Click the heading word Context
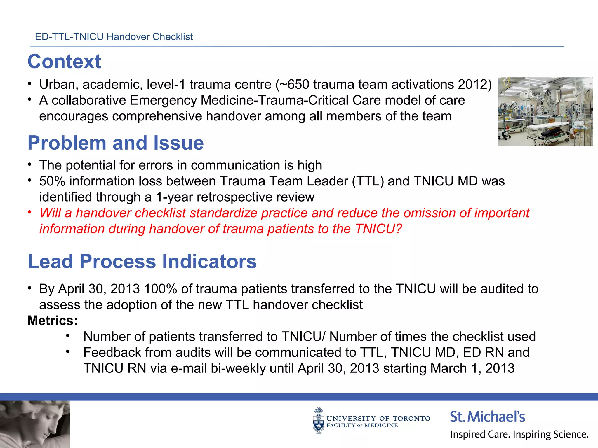64,62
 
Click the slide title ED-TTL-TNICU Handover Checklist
114,37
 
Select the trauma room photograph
545,111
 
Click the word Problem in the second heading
67,143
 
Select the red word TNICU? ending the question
378,229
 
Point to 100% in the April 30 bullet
160,289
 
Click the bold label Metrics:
53,321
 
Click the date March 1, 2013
472,368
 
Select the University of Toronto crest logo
319,420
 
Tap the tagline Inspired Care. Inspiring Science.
519,434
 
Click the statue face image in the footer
35,424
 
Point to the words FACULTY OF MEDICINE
362,426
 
